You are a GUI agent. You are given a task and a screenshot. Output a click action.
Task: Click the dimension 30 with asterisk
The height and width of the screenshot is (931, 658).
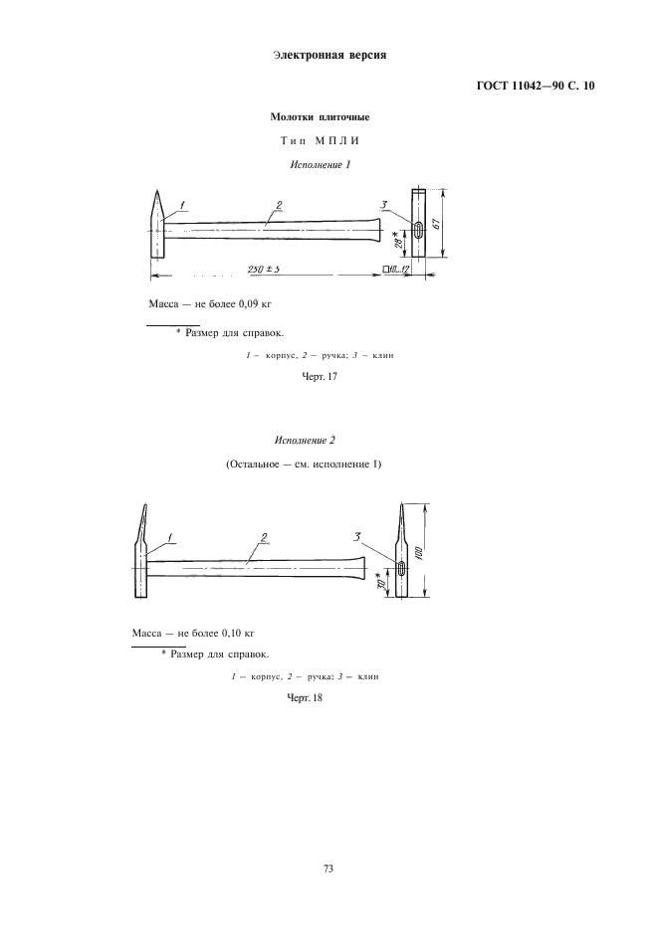click(x=379, y=580)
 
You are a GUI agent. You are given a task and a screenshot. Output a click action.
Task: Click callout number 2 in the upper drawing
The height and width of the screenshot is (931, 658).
click(x=279, y=205)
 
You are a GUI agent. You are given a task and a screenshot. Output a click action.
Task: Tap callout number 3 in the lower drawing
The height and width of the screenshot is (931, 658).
click(x=356, y=537)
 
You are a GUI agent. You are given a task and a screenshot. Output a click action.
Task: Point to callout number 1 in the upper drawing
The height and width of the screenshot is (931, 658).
click(x=182, y=206)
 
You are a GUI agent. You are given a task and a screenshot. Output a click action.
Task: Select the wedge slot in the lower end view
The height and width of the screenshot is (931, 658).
click(x=401, y=568)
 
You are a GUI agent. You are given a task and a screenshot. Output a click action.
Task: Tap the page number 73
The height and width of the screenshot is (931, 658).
click(x=329, y=868)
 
